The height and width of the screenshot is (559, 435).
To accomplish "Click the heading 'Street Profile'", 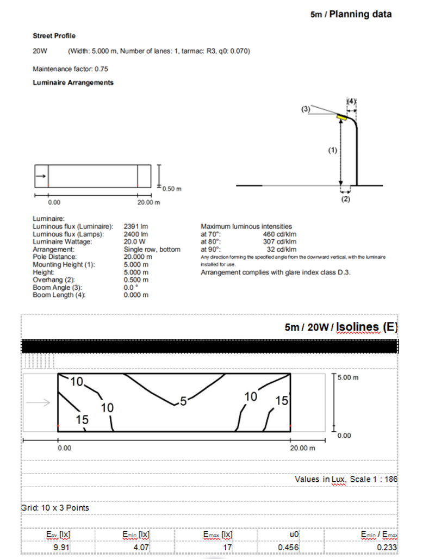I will click(54, 36).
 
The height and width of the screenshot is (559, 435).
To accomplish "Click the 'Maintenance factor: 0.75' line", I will click(70, 70).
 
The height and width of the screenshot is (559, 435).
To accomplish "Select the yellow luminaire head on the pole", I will click(343, 116).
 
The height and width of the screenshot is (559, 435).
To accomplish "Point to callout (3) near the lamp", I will click(306, 109).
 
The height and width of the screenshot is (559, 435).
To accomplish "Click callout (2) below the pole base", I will click(345, 199).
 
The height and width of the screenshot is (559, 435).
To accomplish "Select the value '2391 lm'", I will click(136, 226).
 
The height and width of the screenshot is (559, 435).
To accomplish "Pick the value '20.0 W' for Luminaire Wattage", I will click(134, 241).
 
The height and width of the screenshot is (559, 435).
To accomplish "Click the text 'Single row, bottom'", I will click(152, 249).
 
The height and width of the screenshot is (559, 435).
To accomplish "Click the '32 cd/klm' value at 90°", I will click(281, 249).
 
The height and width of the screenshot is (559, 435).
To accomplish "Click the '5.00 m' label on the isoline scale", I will click(348, 377).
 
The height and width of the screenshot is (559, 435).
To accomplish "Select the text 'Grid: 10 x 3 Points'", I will click(55, 508).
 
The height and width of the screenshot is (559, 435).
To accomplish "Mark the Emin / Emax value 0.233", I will click(389, 547).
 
